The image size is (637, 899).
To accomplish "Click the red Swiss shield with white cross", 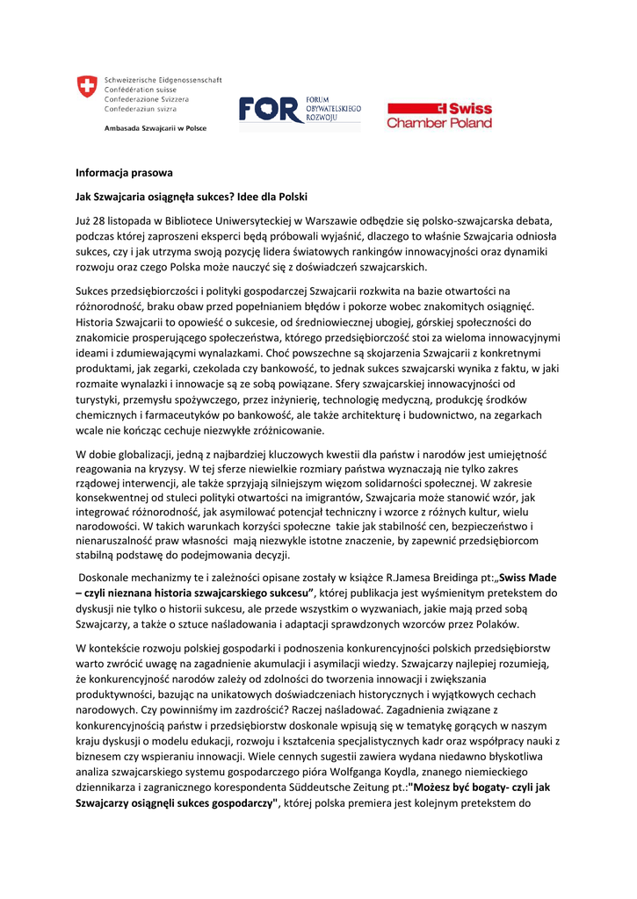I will point(86,87).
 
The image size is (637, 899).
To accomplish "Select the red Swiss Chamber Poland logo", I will point(439,115).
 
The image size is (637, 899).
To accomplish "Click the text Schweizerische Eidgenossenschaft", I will point(163,79).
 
